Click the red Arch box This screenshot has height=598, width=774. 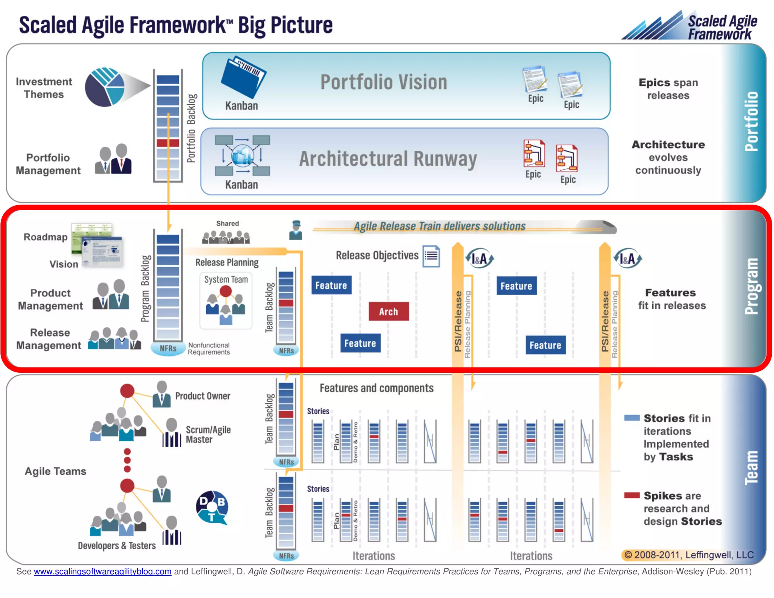pyautogui.click(x=389, y=311)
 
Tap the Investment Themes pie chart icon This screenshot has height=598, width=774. pyautogui.click(x=105, y=87)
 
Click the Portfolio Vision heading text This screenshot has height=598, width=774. pyautogui.click(x=384, y=82)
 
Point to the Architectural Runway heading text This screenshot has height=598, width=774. pyautogui.click(x=388, y=159)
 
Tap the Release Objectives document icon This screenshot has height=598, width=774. pyautogui.click(x=431, y=256)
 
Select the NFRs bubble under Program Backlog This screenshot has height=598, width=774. pyautogui.click(x=168, y=348)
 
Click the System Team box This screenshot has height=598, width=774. pyautogui.click(x=226, y=301)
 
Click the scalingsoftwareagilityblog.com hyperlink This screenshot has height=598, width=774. pyautogui.click(x=102, y=572)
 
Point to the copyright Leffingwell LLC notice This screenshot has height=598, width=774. pyautogui.click(x=688, y=555)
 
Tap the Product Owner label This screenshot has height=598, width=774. pyautogui.click(x=203, y=396)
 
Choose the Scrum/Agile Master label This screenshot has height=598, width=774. pyautogui.click(x=208, y=434)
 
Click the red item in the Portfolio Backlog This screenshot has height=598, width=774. pyautogui.click(x=168, y=143)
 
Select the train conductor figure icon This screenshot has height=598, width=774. pyautogui.click(x=296, y=230)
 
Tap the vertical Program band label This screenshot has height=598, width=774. pyautogui.click(x=751, y=286)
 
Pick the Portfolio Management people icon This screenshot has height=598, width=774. pyautogui.click(x=113, y=159)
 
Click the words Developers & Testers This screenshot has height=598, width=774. pyautogui.click(x=117, y=545)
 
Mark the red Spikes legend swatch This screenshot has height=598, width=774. pyautogui.click(x=632, y=495)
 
